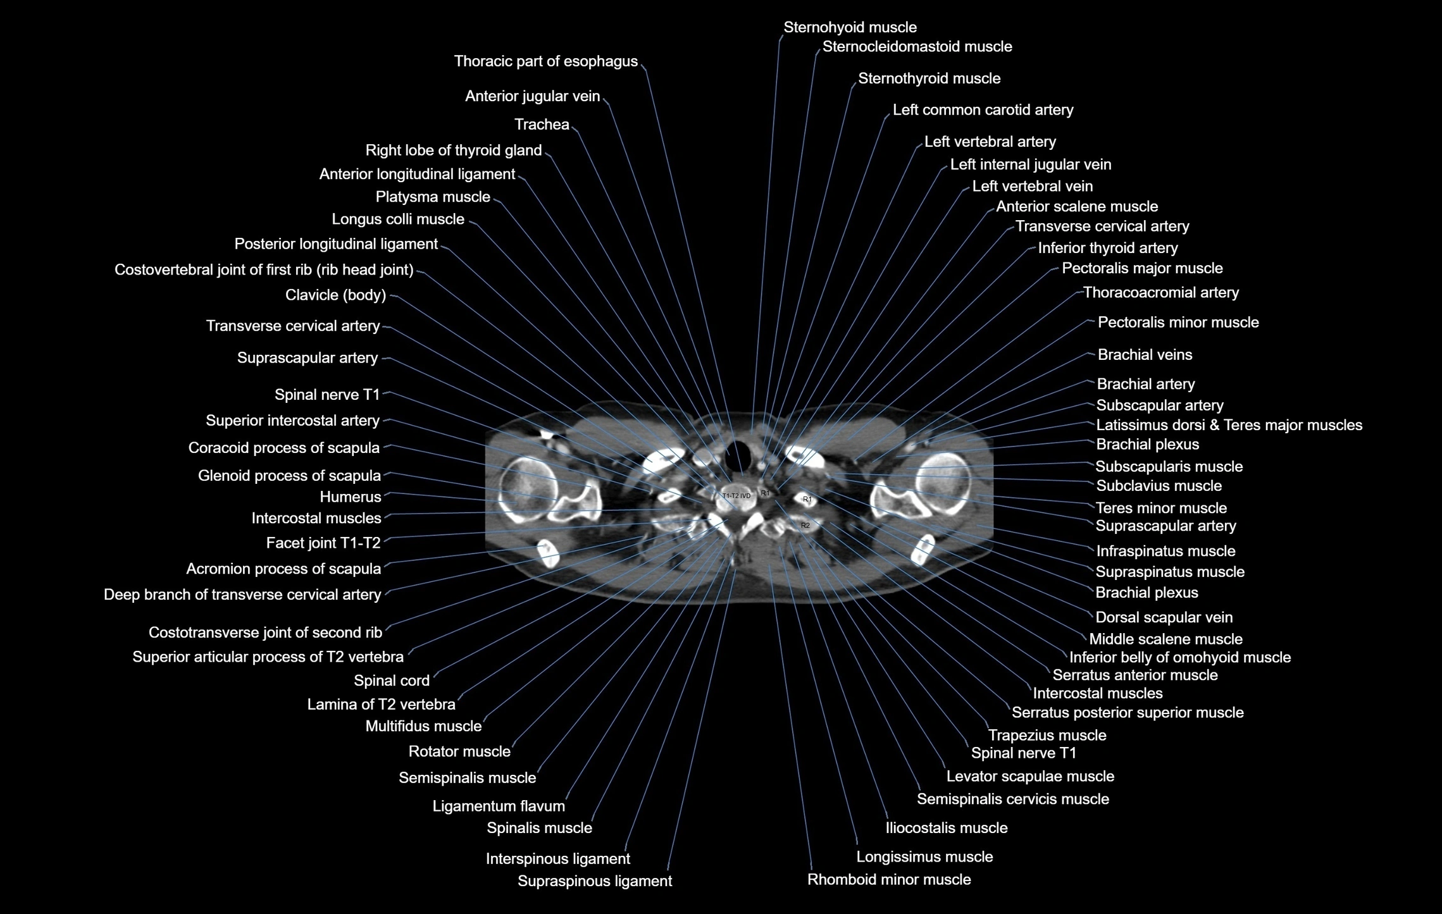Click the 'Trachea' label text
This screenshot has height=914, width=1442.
(x=542, y=125)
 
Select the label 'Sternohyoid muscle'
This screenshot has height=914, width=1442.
(x=850, y=28)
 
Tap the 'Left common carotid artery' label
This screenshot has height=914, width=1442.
(x=983, y=110)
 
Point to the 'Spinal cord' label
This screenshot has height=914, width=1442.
(x=392, y=681)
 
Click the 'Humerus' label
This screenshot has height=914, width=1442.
(x=351, y=497)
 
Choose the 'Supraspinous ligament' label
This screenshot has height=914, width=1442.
(x=595, y=881)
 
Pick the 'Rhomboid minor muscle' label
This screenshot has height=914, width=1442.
(x=889, y=880)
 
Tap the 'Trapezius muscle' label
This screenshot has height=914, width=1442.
(x=1047, y=736)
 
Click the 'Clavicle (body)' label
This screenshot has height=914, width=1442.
(x=335, y=295)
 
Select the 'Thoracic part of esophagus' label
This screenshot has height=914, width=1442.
(x=545, y=61)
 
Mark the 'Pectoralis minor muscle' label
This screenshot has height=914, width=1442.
(x=1178, y=323)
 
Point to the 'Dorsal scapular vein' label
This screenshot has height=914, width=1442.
(x=1164, y=617)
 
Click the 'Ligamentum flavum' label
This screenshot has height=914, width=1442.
(x=499, y=806)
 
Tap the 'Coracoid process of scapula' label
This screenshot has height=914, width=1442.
(x=283, y=448)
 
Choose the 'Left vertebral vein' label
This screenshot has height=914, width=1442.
(x=1032, y=187)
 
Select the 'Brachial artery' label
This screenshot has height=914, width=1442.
(x=1145, y=385)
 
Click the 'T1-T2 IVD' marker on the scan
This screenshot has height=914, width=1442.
(x=736, y=496)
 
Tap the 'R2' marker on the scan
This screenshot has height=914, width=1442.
(x=805, y=526)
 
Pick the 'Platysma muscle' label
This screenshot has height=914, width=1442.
(x=433, y=197)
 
